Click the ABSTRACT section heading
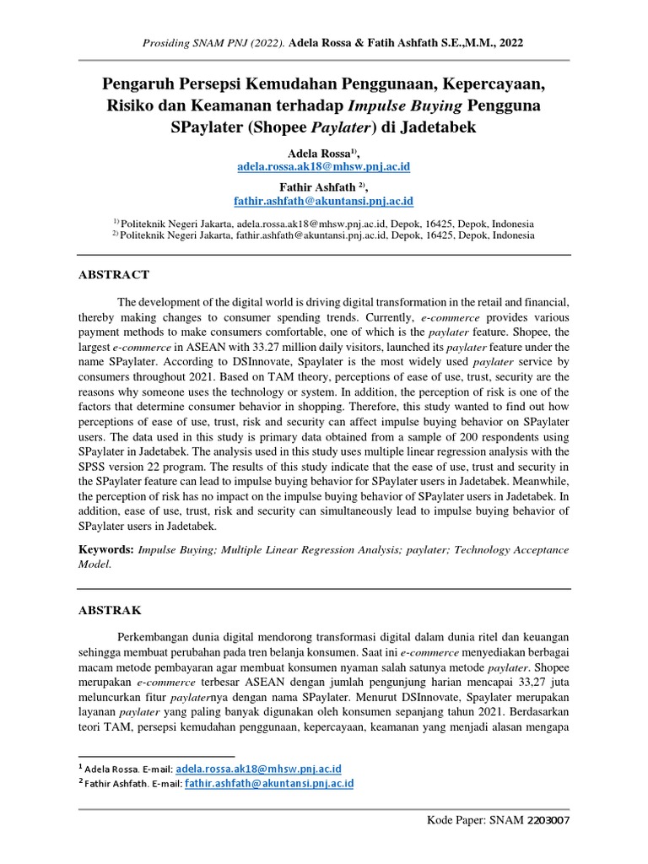113,274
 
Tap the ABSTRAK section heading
110,608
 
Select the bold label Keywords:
105,549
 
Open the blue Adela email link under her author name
323,167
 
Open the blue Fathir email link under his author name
323,202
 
